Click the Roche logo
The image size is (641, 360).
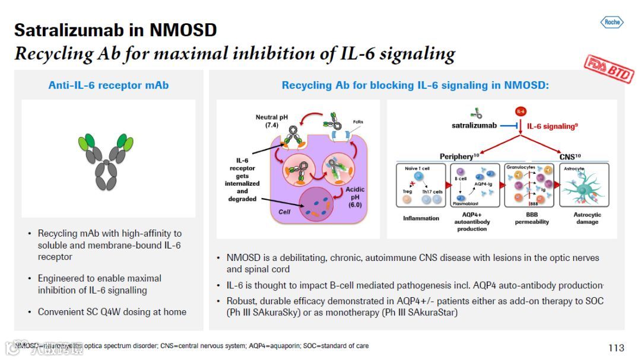click(611, 23)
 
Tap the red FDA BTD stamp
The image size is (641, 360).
click(608, 67)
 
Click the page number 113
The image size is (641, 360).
click(616, 348)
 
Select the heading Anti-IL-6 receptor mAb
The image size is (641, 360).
click(108, 85)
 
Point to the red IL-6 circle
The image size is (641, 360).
click(521, 111)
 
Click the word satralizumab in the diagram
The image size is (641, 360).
click(474, 126)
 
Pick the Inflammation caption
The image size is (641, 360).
click(421, 218)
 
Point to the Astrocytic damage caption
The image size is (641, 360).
click(587, 218)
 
